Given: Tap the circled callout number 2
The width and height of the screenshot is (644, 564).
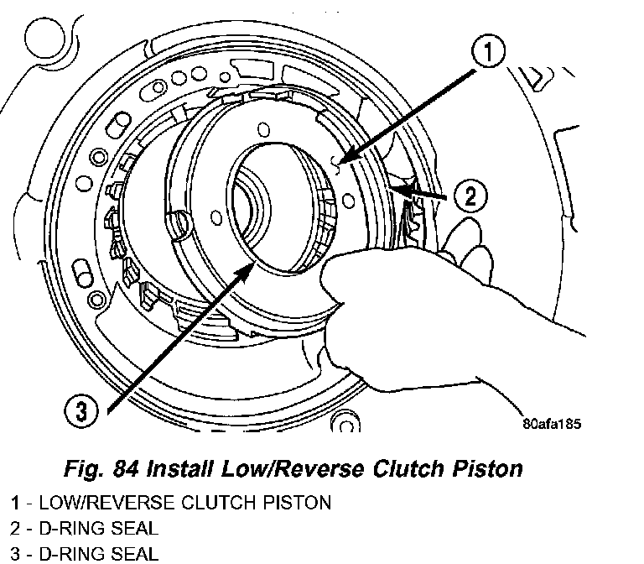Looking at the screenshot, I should pos(470,196).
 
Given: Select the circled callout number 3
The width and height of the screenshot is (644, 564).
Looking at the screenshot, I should pos(81,411).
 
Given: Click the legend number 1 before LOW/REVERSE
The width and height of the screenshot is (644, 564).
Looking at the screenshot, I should pos(15,504).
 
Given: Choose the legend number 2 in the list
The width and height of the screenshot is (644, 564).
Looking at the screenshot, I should pos(15,529).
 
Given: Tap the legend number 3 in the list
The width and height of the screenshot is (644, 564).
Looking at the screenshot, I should pos(15,554).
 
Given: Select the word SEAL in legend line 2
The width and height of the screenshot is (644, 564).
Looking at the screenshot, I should pos(133,529).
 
